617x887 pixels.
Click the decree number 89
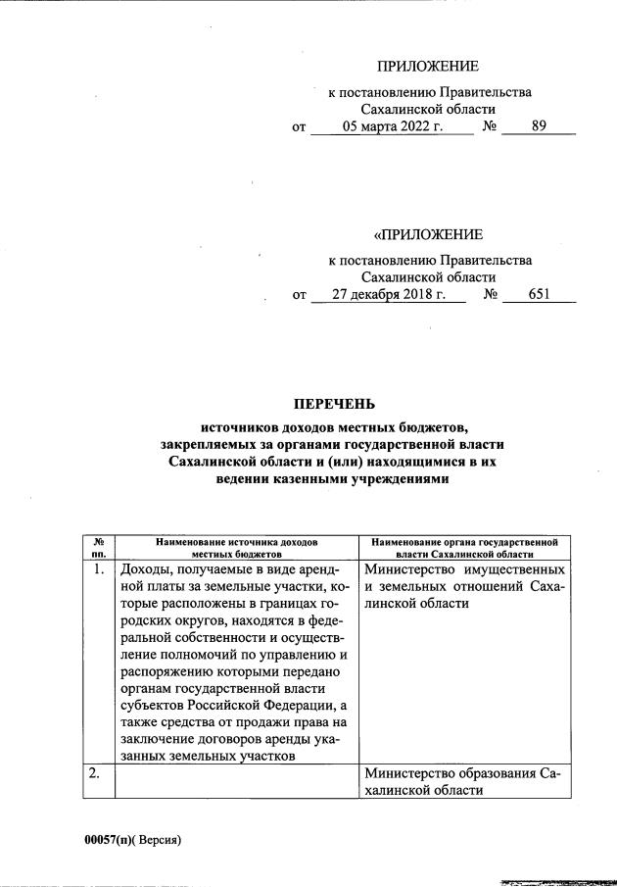tap(538, 126)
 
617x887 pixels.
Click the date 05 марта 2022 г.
tap(393, 126)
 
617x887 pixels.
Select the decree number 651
tap(539, 293)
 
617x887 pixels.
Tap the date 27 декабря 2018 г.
tap(389, 293)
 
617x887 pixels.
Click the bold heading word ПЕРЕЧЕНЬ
tap(335, 404)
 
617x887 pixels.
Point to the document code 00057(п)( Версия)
tap(133, 840)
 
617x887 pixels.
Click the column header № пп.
tap(99, 547)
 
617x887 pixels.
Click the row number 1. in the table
tap(99, 569)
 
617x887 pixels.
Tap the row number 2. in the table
tap(99, 773)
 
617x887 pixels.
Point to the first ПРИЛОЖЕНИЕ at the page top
tap(428, 67)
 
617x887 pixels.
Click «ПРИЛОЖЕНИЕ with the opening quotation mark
tap(428, 234)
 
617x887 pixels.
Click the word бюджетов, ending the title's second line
tap(438, 425)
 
